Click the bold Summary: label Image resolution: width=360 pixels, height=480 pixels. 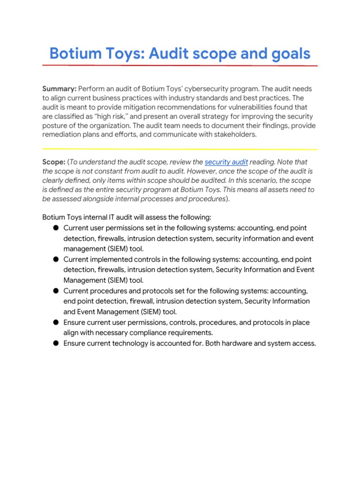click(x=59, y=89)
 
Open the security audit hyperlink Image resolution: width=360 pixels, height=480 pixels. click(x=226, y=162)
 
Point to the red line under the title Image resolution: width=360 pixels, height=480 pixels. click(x=180, y=65)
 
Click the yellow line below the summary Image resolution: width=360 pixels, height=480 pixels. click(x=180, y=149)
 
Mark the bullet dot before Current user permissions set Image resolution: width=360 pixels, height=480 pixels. click(x=55, y=228)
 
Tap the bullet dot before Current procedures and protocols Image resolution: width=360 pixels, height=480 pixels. click(x=55, y=291)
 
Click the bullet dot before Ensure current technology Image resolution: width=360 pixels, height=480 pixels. click(x=55, y=344)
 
